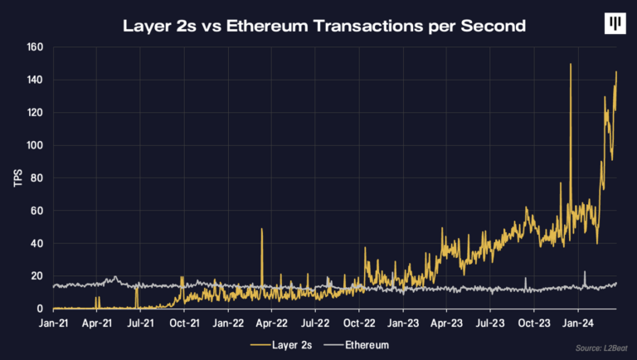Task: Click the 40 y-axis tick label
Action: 36,244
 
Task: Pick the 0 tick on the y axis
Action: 39,309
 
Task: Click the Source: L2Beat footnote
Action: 595,350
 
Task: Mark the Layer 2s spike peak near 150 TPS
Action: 571,65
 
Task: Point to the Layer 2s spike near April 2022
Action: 261,230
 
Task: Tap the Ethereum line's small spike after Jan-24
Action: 585,272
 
